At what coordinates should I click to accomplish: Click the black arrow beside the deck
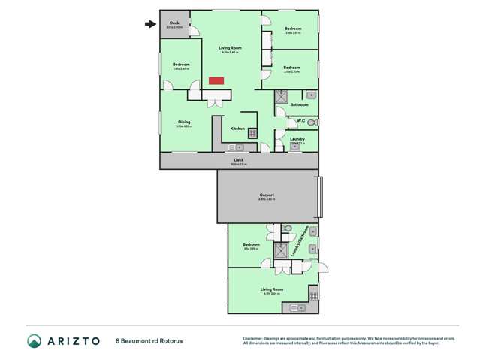[x=150, y=24]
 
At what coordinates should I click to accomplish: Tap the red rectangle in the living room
[x=216, y=80]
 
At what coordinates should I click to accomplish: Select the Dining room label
[x=184, y=122]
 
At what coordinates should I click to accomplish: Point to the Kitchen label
[x=237, y=129]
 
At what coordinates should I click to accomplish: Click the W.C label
[x=300, y=121]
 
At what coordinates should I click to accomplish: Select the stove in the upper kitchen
[x=253, y=133]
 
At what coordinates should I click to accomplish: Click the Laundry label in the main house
[x=297, y=138]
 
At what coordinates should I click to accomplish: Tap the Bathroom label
[x=299, y=104]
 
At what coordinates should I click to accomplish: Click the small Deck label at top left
[x=174, y=23]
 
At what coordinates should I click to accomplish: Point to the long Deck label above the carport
[x=239, y=159]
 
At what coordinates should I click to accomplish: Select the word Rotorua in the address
[x=169, y=341]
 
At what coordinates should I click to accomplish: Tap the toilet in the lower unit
[x=288, y=228]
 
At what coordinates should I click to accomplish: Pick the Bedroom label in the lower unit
[x=251, y=244]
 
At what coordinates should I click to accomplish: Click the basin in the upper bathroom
[x=312, y=95]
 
